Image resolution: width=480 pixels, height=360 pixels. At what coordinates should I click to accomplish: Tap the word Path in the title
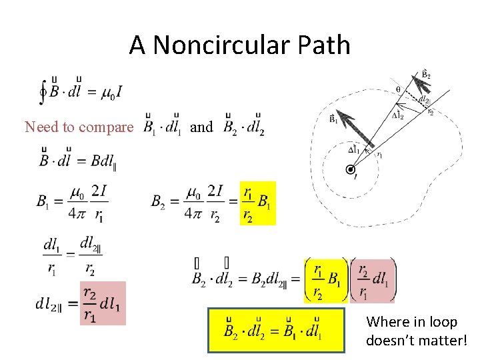coord(325,45)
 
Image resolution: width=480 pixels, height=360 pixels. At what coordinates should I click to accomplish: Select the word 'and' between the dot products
coord(201,127)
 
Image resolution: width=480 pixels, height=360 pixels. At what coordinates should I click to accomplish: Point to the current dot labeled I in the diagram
coord(350,170)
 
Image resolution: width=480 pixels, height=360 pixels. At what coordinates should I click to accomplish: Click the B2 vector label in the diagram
coord(425,73)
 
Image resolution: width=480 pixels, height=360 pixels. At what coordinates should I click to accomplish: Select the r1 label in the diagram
coord(379,155)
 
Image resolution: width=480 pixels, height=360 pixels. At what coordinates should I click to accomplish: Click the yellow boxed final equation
coord(276,329)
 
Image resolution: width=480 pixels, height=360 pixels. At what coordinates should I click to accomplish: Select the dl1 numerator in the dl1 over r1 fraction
coord(51,245)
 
